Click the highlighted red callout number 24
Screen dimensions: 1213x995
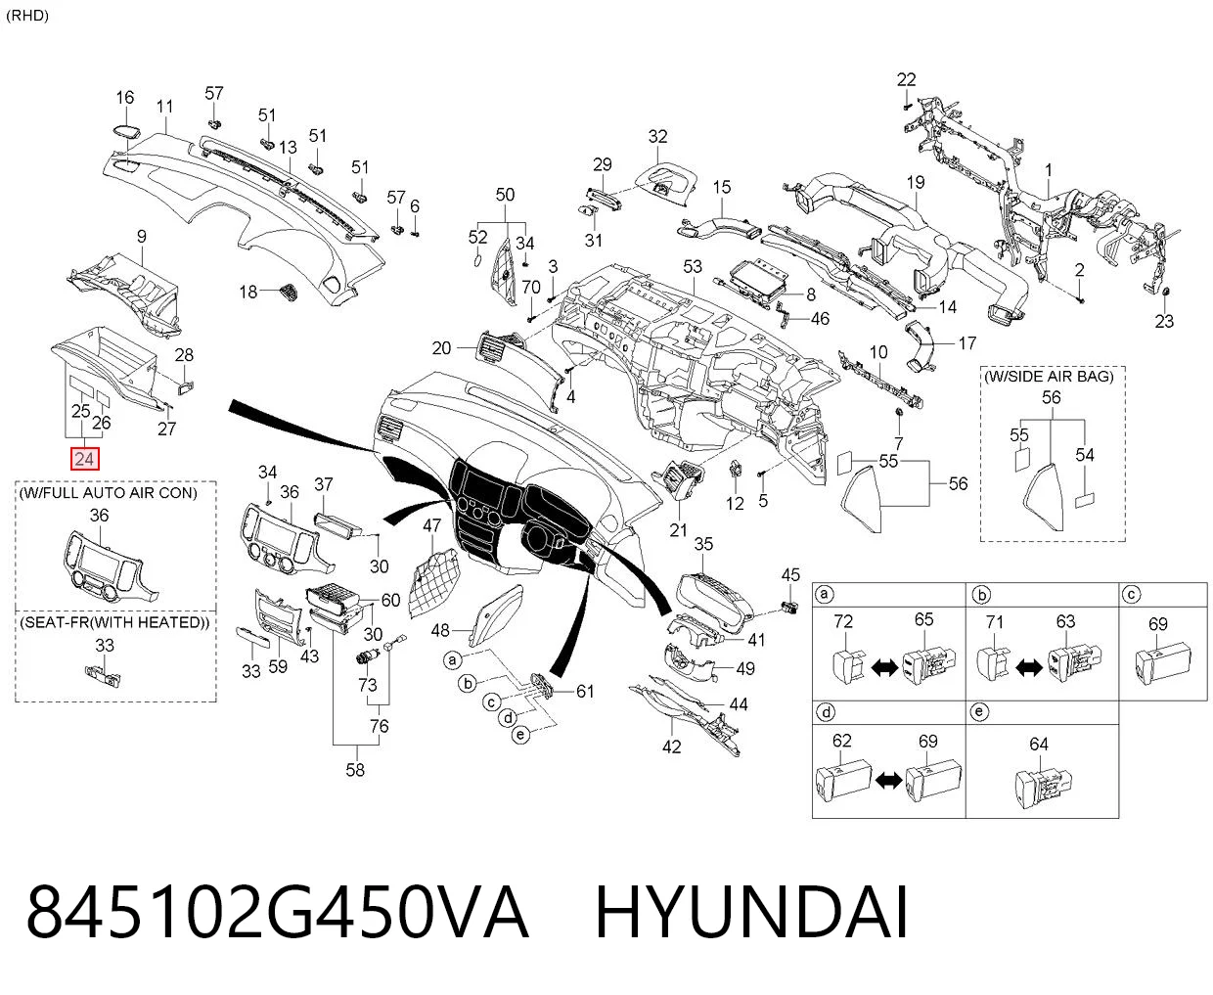coord(84,459)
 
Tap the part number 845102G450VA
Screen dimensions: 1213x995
coord(277,914)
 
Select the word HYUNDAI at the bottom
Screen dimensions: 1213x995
coord(751,914)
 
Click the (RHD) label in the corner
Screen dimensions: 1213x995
coord(27,16)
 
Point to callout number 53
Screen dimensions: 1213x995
coord(693,266)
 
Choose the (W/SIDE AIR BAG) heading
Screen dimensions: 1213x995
coord(1049,377)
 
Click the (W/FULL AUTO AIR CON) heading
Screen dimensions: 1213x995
coord(109,493)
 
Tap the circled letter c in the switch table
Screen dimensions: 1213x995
coord(1132,594)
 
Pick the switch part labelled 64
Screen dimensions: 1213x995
coord(1044,790)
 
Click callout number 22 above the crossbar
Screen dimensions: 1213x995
coord(906,79)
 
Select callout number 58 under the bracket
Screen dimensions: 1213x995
coord(355,770)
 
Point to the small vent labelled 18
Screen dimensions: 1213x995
coord(289,291)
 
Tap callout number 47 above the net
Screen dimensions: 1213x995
coord(431,525)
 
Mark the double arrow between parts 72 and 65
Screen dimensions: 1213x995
coord(884,668)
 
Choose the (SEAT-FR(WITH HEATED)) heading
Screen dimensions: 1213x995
coord(114,622)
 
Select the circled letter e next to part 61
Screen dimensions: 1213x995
coord(520,735)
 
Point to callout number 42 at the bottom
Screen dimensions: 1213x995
coord(671,746)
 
